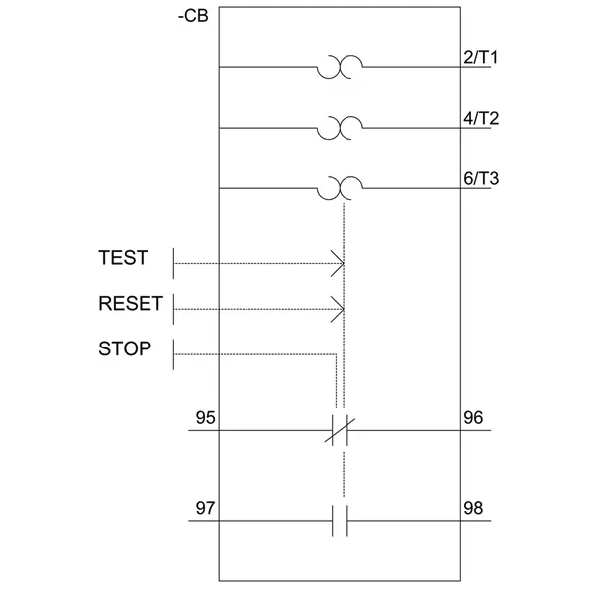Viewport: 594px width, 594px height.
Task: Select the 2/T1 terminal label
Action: click(x=481, y=57)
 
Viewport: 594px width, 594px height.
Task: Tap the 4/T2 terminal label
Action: click(x=481, y=118)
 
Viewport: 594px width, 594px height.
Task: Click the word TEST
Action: click(x=123, y=258)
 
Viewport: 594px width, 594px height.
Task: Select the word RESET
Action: click(x=130, y=304)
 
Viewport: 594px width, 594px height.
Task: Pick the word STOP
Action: click(x=125, y=348)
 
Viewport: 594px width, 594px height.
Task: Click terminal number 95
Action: click(x=205, y=418)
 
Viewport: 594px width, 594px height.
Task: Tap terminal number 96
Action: click(x=474, y=418)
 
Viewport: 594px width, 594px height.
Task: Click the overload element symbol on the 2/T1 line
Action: click(x=340, y=67)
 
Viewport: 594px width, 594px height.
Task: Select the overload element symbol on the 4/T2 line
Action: click(x=340, y=128)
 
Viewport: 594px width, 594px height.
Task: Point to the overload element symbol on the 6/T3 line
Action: click(x=340, y=187)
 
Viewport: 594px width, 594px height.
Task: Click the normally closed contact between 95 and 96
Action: click(x=340, y=432)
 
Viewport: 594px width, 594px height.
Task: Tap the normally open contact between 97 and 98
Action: click(x=340, y=521)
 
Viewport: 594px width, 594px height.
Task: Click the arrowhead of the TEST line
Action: click(x=340, y=264)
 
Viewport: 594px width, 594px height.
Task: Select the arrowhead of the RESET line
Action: click(x=340, y=310)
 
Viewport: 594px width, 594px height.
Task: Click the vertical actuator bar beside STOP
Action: click(x=175, y=354)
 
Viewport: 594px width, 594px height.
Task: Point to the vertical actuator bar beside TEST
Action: click(x=175, y=264)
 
